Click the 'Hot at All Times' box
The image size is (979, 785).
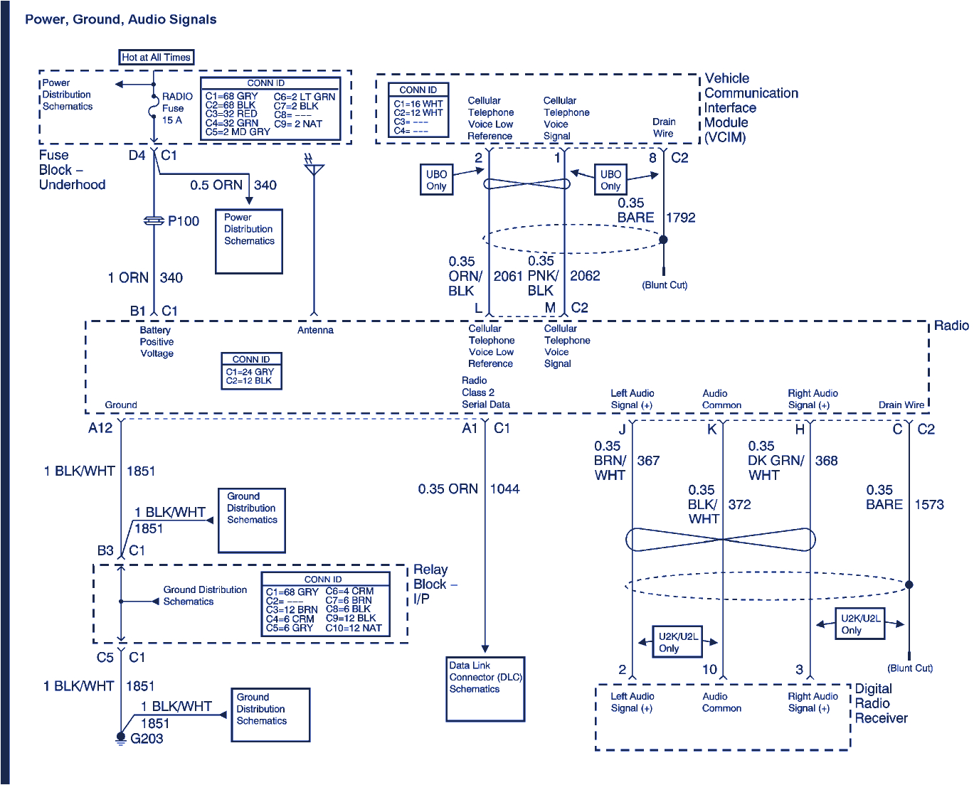pos(156,58)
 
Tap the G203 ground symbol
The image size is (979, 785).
pos(121,739)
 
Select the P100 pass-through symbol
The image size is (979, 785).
pos(154,221)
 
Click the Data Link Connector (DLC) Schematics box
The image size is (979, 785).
pos(485,688)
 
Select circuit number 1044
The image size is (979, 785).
pos(504,489)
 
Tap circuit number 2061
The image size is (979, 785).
pos(508,276)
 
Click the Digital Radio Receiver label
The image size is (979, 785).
pos(881,703)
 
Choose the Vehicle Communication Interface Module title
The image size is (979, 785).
pos(750,107)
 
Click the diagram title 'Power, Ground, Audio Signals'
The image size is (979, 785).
pos(121,20)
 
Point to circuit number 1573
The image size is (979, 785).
pos(929,505)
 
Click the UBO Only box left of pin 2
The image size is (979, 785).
pos(436,180)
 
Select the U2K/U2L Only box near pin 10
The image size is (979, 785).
pos(677,642)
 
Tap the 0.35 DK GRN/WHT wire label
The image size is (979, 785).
pos(775,461)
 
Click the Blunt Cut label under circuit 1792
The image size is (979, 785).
pos(665,285)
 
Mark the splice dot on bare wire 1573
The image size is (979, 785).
pos(909,584)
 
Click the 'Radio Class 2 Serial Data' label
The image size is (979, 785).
pos(485,392)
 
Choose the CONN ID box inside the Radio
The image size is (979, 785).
pos(251,371)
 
